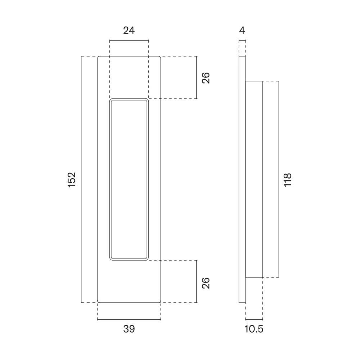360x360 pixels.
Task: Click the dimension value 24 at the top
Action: [x=129, y=31]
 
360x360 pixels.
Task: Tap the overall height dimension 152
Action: [x=72, y=179]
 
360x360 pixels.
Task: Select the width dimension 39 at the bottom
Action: [x=129, y=329]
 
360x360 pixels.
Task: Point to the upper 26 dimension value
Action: [x=206, y=78]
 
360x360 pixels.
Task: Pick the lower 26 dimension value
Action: [x=206, y=283]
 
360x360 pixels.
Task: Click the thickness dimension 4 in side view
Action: [x=242, y=31]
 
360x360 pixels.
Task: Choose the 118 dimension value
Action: [x=287, y=179]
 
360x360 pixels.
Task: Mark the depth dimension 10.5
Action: [x=254, y=329]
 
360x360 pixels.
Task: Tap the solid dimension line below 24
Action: [x=129, y=41]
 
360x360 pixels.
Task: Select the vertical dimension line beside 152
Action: [x=82, y=179]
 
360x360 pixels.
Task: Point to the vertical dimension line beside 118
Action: [x=278, y=179]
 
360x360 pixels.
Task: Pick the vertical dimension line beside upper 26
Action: [x=197, y=77]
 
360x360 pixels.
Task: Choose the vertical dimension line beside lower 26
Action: [x=197, y=281]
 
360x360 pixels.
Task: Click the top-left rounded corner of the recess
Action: [x=111, y=100]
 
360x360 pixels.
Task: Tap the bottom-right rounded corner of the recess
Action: [x=147, y=258]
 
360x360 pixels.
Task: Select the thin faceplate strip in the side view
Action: [x=242, y=179]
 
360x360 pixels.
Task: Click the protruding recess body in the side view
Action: [x=254, y=179]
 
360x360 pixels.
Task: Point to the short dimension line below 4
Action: [x=242, y=41]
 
